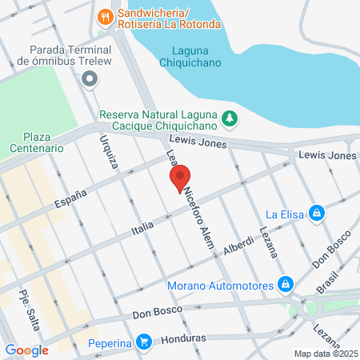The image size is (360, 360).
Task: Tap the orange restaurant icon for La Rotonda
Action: [105, 15]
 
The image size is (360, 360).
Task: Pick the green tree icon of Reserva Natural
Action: [229, 118]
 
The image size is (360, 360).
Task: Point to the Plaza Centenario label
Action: [36, 142]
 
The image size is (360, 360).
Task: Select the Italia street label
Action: [142, 230]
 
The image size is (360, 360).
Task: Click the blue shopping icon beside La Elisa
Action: [318, 213]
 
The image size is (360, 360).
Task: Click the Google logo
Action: [26, 350]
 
